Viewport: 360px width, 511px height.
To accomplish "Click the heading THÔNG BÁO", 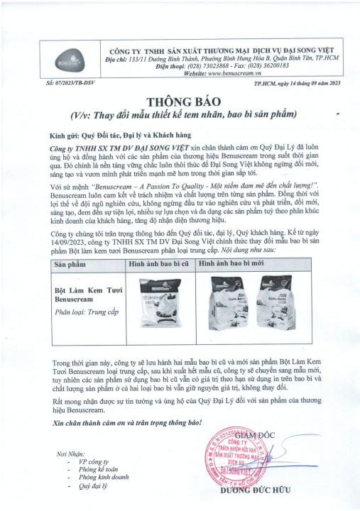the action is point(180,101).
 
